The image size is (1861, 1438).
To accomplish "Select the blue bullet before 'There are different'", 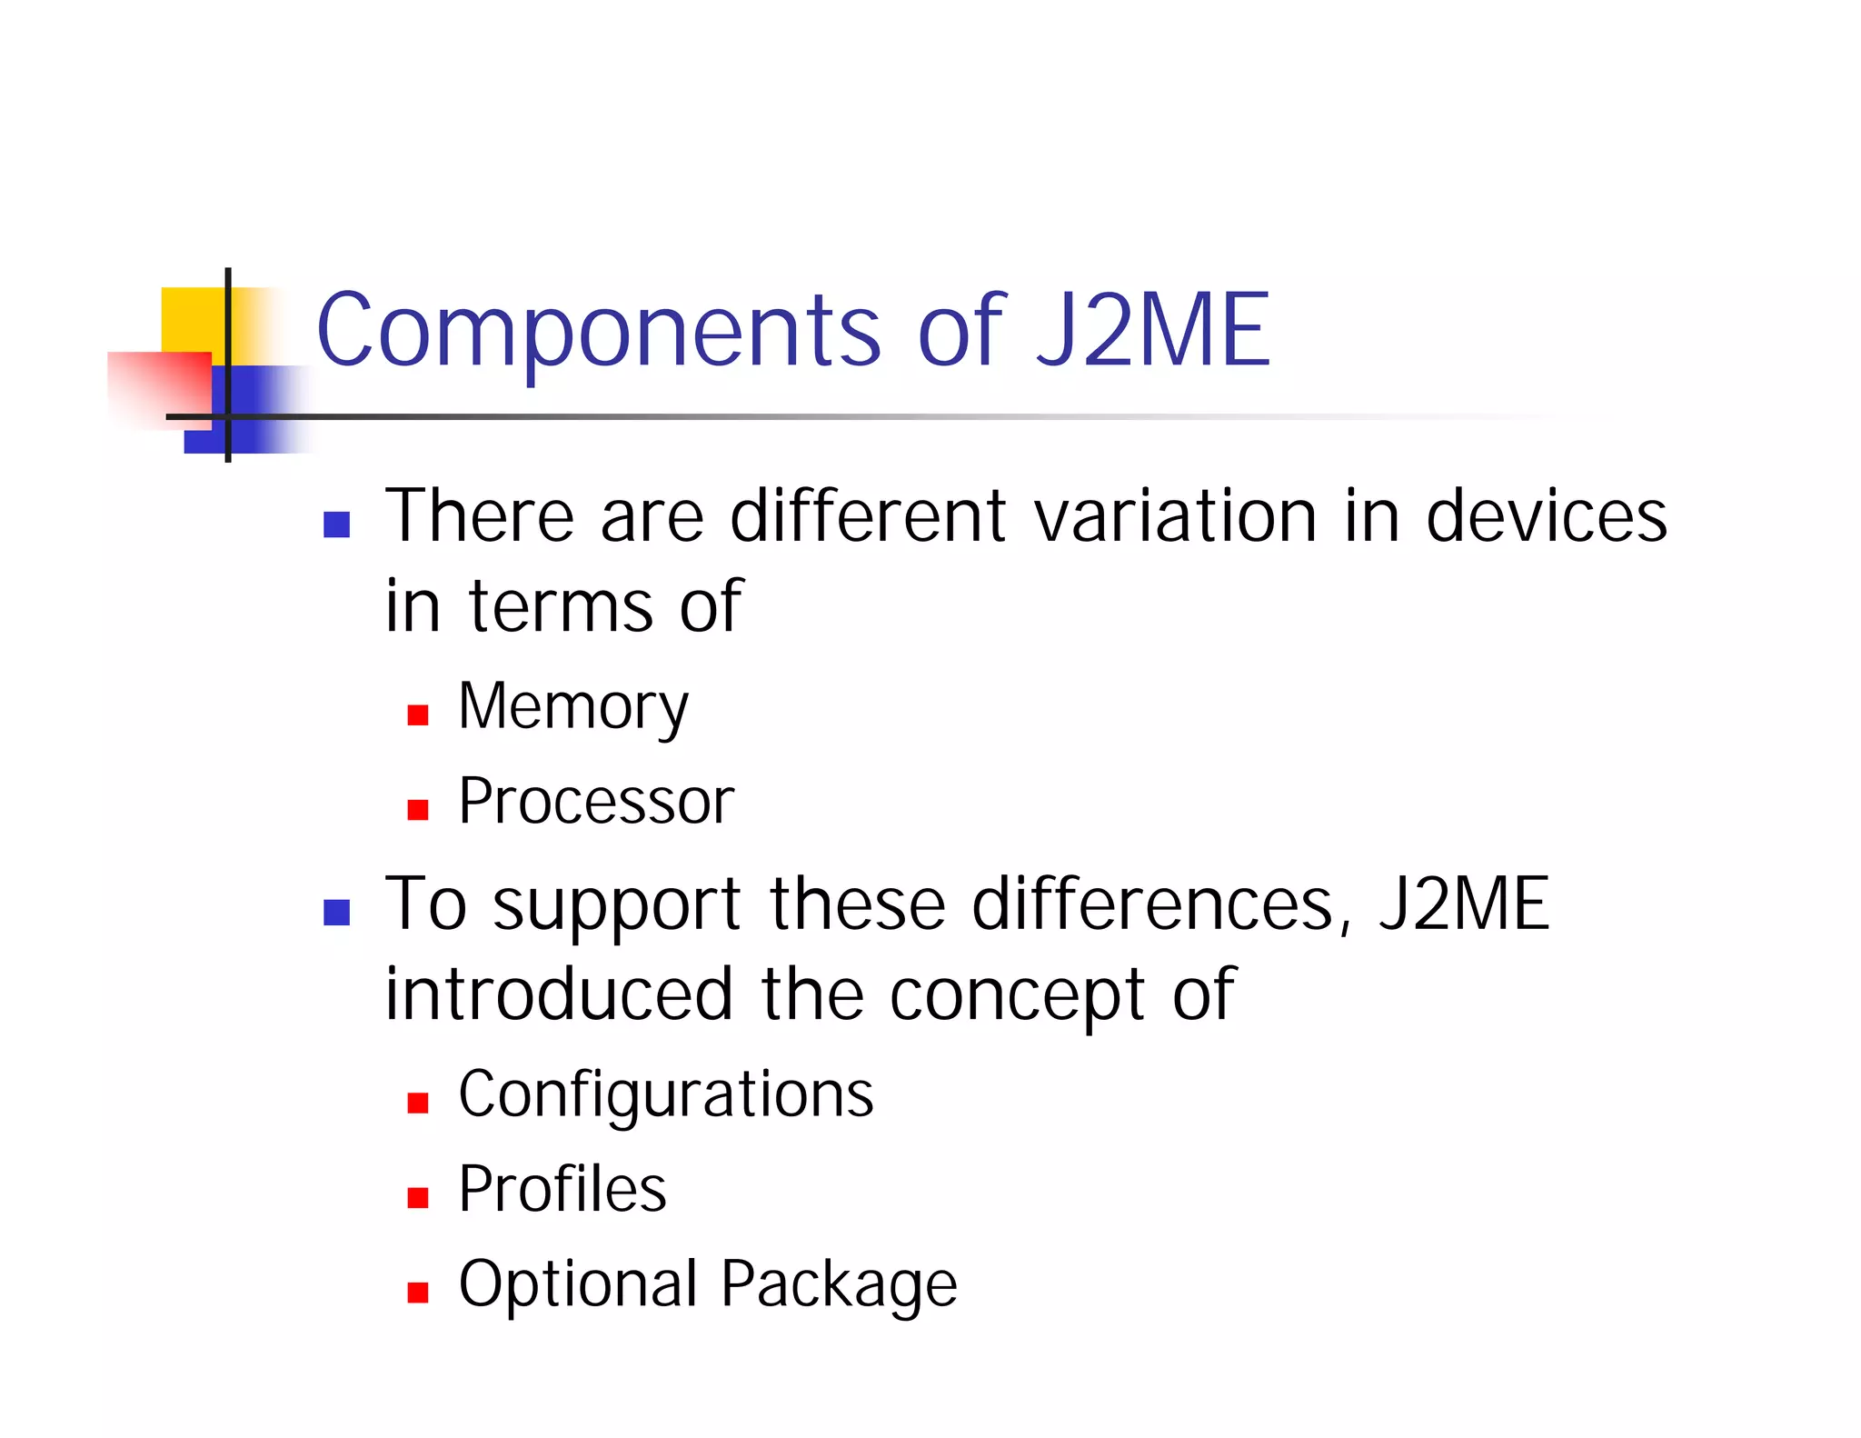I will (x=337, y=524).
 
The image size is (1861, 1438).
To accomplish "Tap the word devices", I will (x=1546, y=516).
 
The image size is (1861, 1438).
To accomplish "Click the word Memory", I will (x=573, y=707).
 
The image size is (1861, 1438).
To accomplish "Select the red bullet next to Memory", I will (x=418, y=714).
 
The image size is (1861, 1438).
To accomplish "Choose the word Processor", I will (x=596, y=802).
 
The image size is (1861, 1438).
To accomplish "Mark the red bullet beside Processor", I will (x=418, y=809).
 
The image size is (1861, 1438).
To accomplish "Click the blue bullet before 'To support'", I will (x=337, y=912).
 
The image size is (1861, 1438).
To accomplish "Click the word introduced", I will (x=559, y=994).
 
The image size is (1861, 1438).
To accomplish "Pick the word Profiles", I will (x=562, y=1189).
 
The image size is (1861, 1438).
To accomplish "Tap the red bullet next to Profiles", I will (x=418, y=1197).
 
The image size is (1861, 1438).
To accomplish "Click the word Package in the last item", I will (x=839, y=1285).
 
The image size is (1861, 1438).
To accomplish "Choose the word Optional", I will (x=578, y=1285).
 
